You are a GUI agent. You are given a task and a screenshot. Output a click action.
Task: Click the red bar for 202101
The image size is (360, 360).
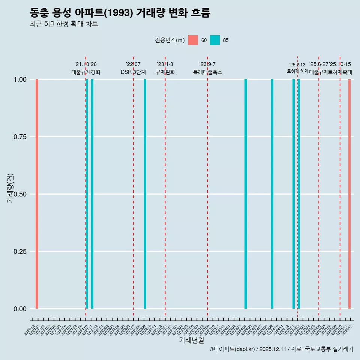click(x=37, y=194)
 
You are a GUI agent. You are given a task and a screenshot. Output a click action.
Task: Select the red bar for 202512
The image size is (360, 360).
click(x=349, y=194)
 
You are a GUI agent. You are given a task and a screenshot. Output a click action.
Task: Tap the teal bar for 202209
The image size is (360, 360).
click(x=145, y=194)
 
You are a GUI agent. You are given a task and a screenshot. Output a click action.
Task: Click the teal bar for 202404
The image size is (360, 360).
click(x=246, y=194)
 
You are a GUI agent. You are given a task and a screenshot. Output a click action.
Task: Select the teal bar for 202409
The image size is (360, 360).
click(x=272, y=194)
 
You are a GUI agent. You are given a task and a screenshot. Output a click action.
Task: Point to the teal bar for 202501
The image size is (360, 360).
click(x=294, y=194)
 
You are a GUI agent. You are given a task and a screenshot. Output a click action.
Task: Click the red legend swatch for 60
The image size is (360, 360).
click(x=193, y=40)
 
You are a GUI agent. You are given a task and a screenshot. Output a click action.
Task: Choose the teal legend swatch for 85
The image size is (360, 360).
click(x=215, y=40)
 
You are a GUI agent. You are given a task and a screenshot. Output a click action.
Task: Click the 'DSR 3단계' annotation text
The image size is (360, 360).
click(x=133, y=72)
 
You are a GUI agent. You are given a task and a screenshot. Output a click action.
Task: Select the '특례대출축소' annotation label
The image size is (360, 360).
click(x=208, y=72)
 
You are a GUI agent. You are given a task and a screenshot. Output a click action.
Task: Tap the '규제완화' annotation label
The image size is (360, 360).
click(x=165, y=72)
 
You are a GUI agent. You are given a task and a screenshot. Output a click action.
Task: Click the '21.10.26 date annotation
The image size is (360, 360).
click(x=85, y=64)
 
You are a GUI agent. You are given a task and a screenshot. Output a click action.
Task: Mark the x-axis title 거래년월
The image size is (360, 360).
click(x=192, y=340)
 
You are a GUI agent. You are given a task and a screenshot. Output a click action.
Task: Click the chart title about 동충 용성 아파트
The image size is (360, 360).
click(x=120, y=13)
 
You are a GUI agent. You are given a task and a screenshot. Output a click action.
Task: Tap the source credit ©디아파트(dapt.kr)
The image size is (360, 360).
click(x=232, y=349)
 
